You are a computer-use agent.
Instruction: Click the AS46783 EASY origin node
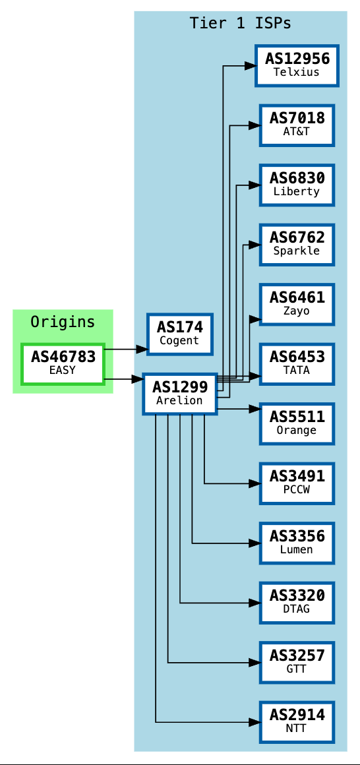(63, 363)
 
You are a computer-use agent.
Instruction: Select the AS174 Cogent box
(179, 334)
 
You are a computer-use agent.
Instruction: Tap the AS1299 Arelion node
(179, 394)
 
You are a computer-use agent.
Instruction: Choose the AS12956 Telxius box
(297, 65)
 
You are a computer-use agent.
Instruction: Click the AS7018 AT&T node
(297, 125)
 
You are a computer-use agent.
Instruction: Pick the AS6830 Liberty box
(297, 185)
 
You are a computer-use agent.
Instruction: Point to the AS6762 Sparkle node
(297, 244)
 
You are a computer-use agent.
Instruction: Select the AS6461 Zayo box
(297, 304)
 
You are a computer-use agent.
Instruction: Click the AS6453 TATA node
(297, 363)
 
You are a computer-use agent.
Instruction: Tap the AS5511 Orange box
(297, 423)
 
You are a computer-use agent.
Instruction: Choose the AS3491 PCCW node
(297, 483)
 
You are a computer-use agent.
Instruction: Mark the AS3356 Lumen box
(297, 543)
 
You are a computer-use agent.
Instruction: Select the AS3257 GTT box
(297, 662)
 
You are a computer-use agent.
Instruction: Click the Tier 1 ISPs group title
(240, 23)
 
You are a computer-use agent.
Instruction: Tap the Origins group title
(63, 322)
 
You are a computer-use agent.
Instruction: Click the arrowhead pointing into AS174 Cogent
(142, 349)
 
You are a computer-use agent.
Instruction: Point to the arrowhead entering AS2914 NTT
(254, 722)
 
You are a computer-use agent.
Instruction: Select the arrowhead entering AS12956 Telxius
(250, 66)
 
